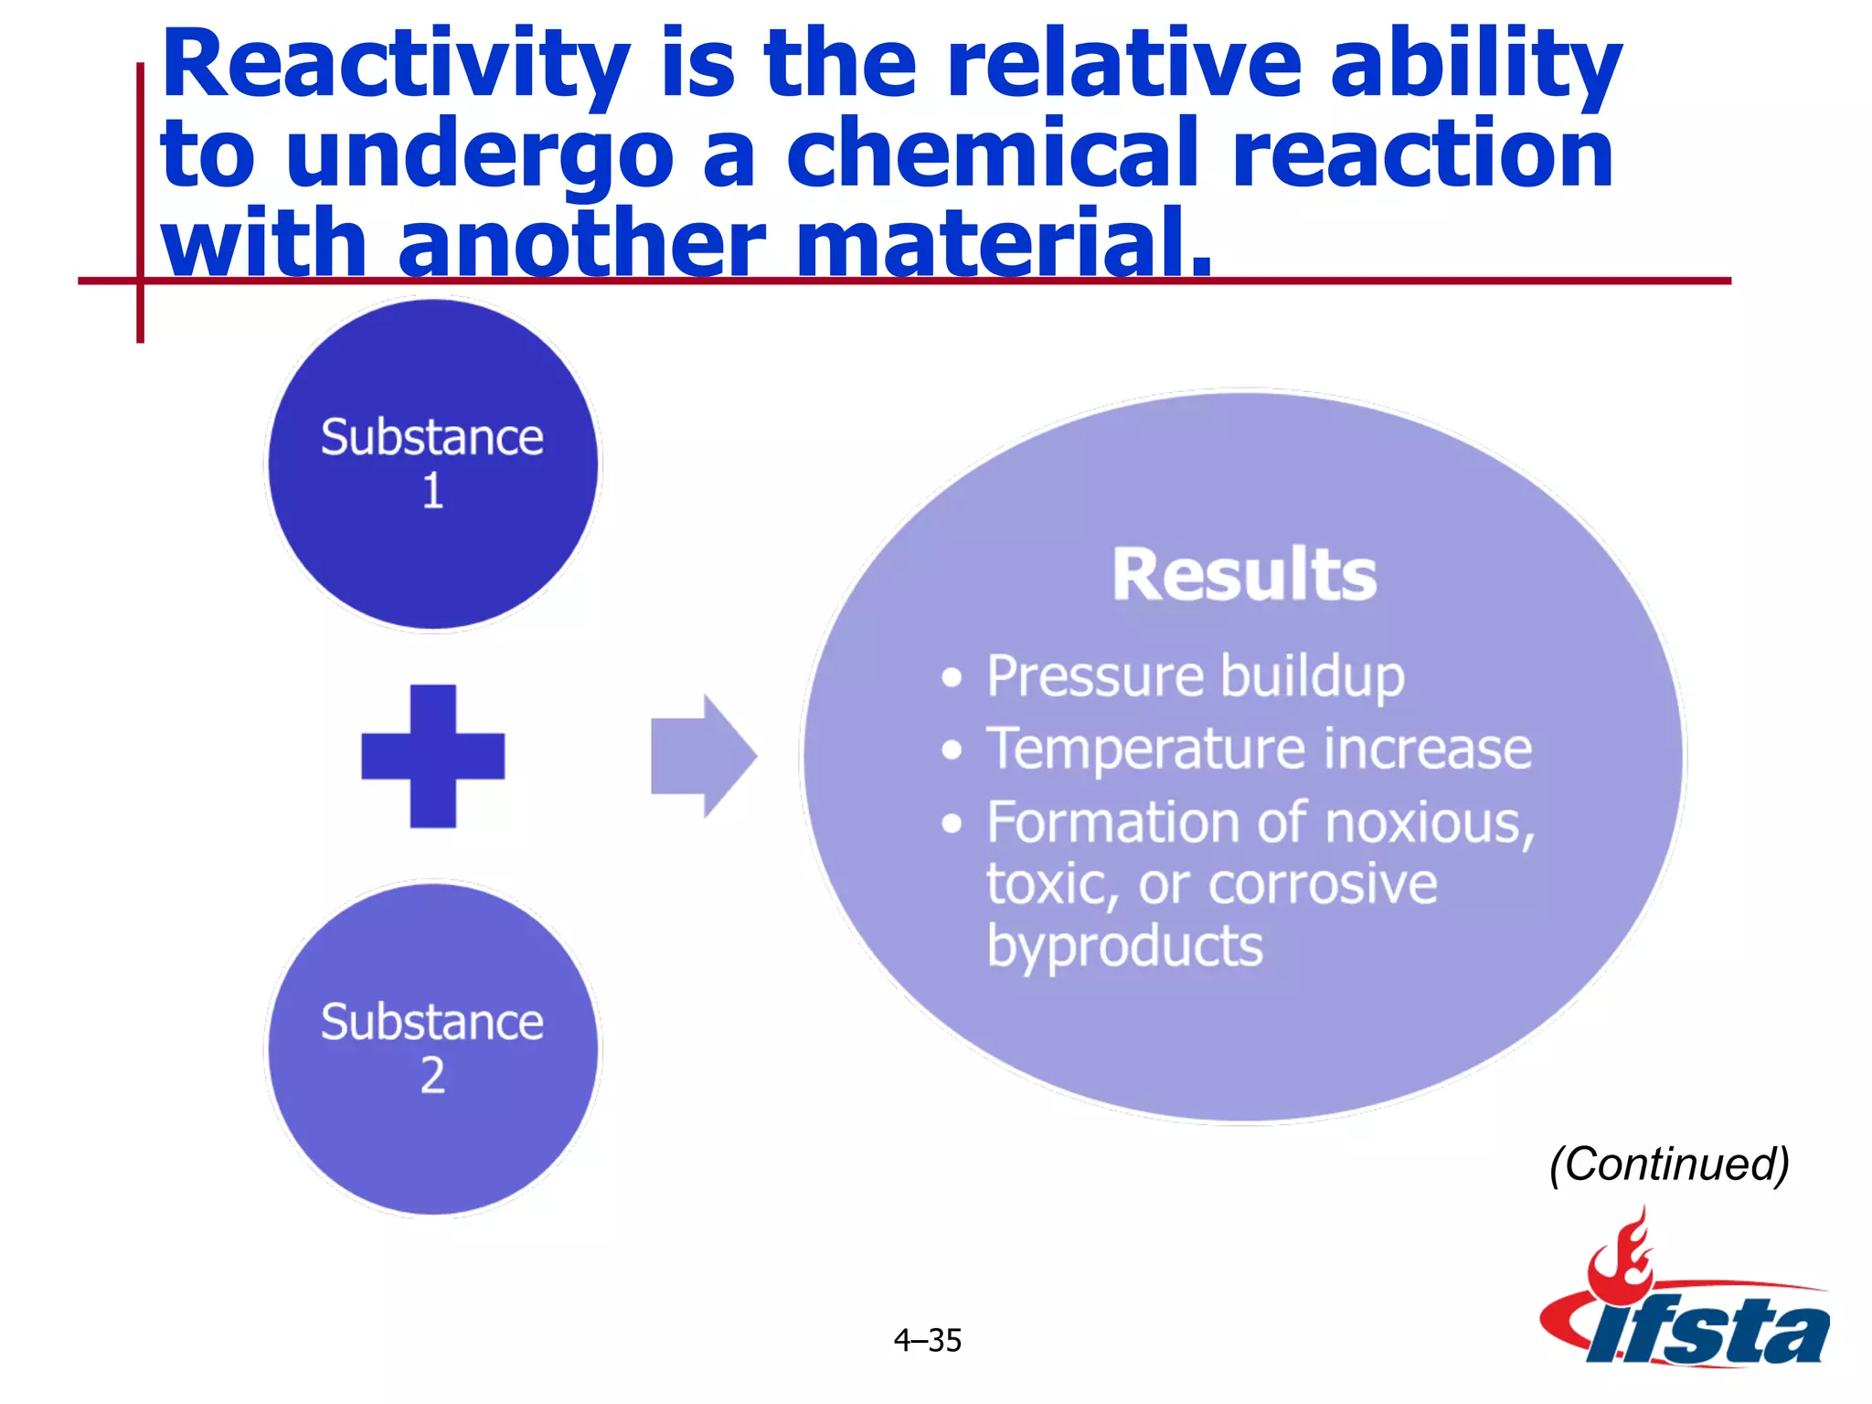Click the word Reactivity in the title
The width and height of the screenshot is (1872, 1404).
395,66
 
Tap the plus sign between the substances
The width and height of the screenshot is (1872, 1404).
432,756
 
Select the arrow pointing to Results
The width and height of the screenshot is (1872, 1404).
703,756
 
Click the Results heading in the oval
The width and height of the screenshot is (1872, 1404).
1244,576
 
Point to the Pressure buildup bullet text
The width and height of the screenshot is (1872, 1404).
1196,677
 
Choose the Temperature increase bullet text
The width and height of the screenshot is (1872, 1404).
1259,750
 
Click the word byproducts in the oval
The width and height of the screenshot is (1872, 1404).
1124,946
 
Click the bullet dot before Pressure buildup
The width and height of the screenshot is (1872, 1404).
952,677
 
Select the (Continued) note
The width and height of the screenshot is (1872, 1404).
1669,1165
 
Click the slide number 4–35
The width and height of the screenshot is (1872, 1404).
927,1341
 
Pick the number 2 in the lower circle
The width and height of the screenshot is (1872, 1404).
432,1076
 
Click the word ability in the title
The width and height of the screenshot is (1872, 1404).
1475,66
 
